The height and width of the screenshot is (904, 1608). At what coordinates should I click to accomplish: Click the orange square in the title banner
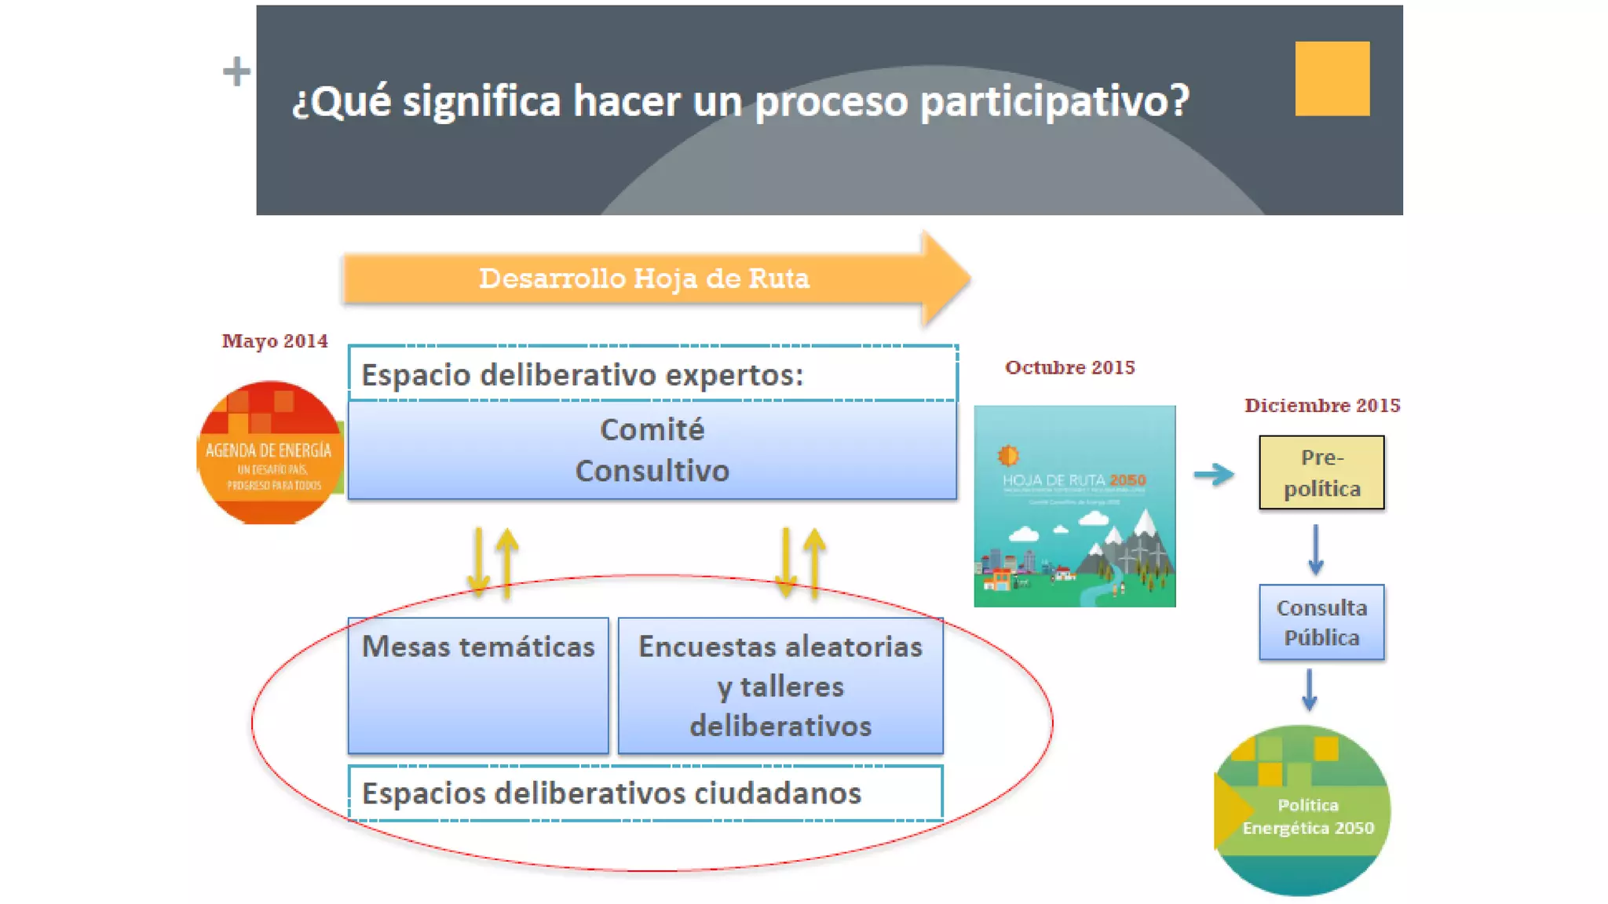tap(1332, 78)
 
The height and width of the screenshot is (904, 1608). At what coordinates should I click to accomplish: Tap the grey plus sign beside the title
tap(236, 71)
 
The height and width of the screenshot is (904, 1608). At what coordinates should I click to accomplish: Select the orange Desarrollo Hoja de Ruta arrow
tap(644, 279)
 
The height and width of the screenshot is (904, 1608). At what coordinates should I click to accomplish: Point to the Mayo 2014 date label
tap(275, 341)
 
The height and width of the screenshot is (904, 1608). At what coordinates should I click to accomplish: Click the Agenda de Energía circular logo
tap(269, 453)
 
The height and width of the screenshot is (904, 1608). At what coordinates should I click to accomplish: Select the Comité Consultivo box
tap(652, 450)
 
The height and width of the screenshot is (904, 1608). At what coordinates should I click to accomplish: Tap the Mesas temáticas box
tap(478, 684)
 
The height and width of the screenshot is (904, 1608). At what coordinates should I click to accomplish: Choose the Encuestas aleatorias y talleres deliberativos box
tap(780, 686)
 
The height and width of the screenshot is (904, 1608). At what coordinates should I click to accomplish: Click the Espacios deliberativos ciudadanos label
tap(611, 793)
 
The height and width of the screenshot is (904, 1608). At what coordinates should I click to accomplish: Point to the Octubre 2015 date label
tap(1069, 368)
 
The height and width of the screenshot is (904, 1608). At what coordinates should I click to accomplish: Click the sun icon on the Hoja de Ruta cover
tap(1008, 455)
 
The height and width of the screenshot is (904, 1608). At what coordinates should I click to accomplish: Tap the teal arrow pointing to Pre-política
tap(1214, 474)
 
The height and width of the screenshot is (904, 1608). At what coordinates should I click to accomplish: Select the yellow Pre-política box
tap(1321, 472)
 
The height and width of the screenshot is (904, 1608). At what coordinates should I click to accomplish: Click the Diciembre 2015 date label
tap(1322, 406)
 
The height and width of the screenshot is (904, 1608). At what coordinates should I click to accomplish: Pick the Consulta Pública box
tap(1321, 622)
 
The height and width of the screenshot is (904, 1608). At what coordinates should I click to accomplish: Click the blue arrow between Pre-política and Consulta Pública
tap(1316, 549)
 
